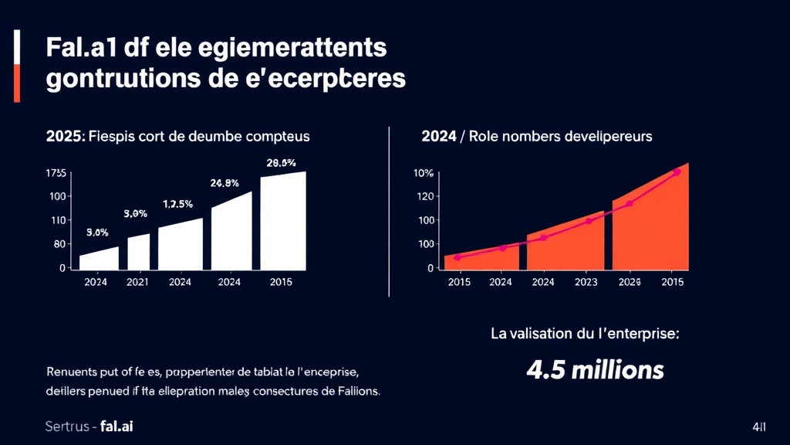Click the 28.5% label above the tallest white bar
click(x=280, y=163)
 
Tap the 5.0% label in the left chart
click(x=97, y=232)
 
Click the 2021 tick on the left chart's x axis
click(x=137, y=282)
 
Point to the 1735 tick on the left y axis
click(x=56, y=173)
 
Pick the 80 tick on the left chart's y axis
click(x=59, y=244)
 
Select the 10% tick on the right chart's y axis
click(x=424, y=173)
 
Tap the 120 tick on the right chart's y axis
click(x=427, y=196)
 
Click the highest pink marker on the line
click(x=677, y=172)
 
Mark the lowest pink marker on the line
click(x=457, y=257)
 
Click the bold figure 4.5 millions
click(x=595, y=370)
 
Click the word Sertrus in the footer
click(x=68, y=426)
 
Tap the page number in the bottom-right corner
click(x=759, y=426)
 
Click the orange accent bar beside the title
click(x=16, y=83)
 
